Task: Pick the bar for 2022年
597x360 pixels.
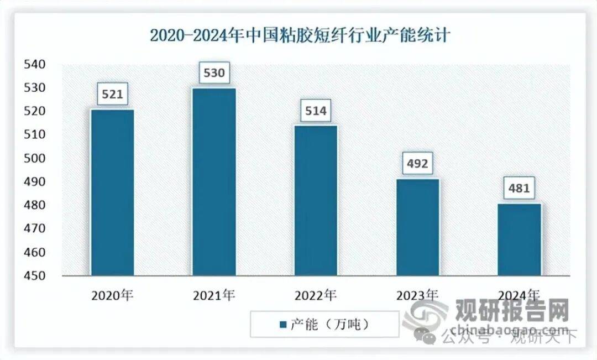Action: point(316,200)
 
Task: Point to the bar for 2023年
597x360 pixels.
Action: point(418,227)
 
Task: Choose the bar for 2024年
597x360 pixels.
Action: point(520,239)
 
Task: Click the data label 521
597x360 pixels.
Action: point(113,95)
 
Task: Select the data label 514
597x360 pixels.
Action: point(316,111)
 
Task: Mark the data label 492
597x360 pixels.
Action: point(418,164)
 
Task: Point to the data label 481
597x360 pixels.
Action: point(520,189)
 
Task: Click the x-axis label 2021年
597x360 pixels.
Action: point(214,295)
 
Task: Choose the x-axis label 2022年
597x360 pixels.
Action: point(316,295)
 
